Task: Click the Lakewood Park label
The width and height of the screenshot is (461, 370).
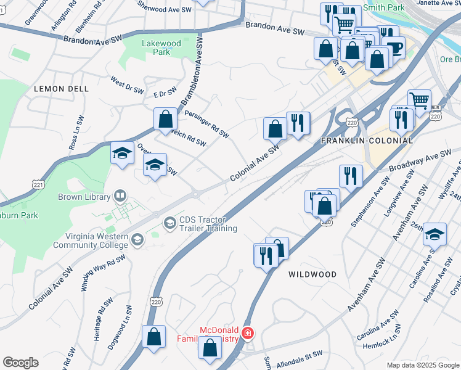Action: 161,48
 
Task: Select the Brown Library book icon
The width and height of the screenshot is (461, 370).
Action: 120,197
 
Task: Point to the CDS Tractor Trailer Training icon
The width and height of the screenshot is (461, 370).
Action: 170,223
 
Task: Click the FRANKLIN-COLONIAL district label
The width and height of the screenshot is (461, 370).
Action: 367,141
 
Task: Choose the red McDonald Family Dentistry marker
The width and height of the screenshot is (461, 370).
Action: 248,333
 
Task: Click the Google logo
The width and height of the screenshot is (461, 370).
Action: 20,363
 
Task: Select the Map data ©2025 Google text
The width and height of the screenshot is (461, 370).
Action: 423,365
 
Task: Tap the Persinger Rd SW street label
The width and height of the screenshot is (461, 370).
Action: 206,124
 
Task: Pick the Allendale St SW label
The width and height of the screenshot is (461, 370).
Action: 300,355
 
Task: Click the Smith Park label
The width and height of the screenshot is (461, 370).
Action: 386,7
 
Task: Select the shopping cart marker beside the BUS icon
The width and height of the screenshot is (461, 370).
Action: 419,100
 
